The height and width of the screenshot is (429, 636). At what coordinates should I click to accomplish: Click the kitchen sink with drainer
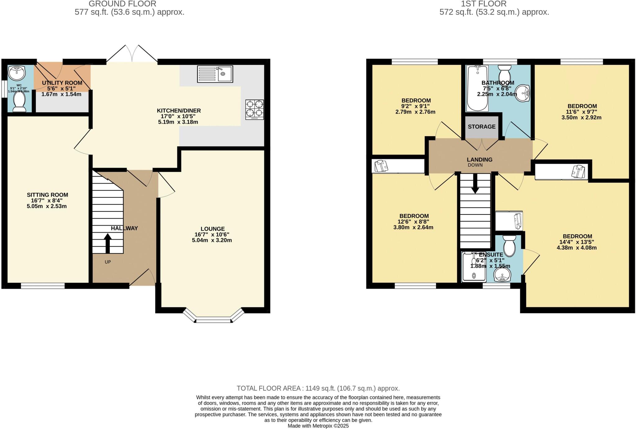(x=215, y=74)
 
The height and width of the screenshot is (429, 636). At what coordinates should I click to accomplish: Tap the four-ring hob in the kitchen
(x=254, y=109)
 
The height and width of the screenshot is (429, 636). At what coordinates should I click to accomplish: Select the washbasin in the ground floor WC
(x=16, y=73)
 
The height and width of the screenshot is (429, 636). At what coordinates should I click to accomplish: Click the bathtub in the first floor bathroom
(x=477, y=88)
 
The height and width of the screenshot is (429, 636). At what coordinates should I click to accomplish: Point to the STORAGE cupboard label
(x=481, y=126)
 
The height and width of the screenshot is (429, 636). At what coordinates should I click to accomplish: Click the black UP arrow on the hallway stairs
(x=107, y=243)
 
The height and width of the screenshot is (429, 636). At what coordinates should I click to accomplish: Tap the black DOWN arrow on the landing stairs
(x=475, y=184)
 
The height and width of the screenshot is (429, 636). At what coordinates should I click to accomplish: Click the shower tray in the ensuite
(x=474, y=267)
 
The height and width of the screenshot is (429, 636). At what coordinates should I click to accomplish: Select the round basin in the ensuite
(x=502, y=274)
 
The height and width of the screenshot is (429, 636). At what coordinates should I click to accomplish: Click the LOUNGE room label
(x=212, y=229)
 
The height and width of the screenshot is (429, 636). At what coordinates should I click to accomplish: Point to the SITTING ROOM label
(x=47, y=195)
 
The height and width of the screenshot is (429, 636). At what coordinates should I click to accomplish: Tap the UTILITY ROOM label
(x=62, y=83)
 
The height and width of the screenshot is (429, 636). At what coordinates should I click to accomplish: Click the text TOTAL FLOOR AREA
(x=269, y=388)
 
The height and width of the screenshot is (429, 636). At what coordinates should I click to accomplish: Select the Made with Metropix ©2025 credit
(x=318, y=426)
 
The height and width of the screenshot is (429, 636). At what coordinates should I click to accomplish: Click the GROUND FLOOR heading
(x=122, y=4)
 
